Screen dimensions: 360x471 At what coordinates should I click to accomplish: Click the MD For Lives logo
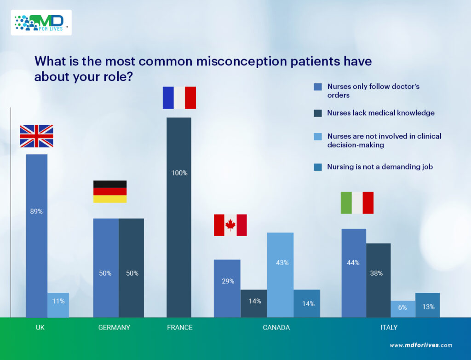point(41,23)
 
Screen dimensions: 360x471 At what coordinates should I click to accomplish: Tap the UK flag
point(36,136)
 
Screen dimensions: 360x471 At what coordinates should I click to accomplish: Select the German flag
point(110,192)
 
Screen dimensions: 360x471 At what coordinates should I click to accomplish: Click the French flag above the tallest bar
point(179,98)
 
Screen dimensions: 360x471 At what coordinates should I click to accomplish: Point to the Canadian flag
point(230,225)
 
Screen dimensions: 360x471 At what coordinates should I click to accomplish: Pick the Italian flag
point(356,203)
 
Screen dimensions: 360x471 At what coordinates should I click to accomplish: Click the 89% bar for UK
point(36,235)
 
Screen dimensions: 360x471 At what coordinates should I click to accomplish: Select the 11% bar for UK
point(58,305)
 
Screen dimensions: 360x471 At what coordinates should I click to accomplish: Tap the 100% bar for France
point(179,216)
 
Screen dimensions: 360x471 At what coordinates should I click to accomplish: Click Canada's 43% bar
point(280,274)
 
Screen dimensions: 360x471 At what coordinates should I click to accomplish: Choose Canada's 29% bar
point(227,288)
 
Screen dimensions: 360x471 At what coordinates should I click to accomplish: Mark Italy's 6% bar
point(402,309)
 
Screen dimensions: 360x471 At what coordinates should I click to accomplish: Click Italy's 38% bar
point(378,280)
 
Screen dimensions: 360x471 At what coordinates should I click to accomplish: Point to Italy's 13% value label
point(428,307)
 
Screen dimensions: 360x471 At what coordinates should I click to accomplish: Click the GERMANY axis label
point(114,328)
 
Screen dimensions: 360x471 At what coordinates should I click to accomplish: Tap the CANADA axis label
point(276,328)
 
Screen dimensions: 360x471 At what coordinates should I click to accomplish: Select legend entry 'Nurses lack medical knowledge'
point(380,113)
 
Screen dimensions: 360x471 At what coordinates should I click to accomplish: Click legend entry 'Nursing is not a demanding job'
point(379,167)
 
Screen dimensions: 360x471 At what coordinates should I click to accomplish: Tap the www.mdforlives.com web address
point(421,345)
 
